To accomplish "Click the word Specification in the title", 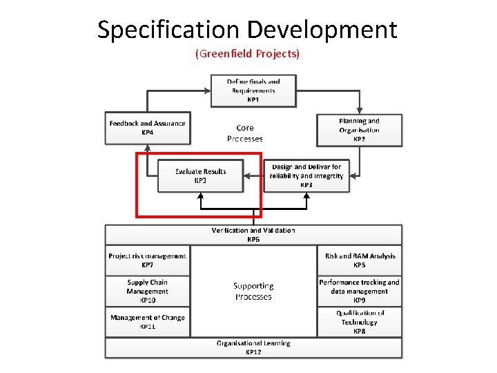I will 168,30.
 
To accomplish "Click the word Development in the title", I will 322,30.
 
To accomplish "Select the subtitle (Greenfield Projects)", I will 248,53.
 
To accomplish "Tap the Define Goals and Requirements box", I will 253,90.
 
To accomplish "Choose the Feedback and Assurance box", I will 147,128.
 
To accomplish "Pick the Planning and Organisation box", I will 359,130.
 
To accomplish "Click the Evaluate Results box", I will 200,175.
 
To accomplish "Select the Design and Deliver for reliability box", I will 306,176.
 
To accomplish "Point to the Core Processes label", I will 245,133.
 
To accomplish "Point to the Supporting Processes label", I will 253,291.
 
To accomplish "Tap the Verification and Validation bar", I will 253,234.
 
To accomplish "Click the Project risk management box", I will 147,260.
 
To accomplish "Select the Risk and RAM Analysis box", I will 360,260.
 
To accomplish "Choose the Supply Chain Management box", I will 147,291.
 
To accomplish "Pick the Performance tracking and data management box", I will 359,291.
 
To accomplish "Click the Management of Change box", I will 147,322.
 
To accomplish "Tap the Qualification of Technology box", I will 359,322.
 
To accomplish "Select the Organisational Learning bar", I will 253,347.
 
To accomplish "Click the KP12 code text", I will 253,352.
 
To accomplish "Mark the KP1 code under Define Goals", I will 253,99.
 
